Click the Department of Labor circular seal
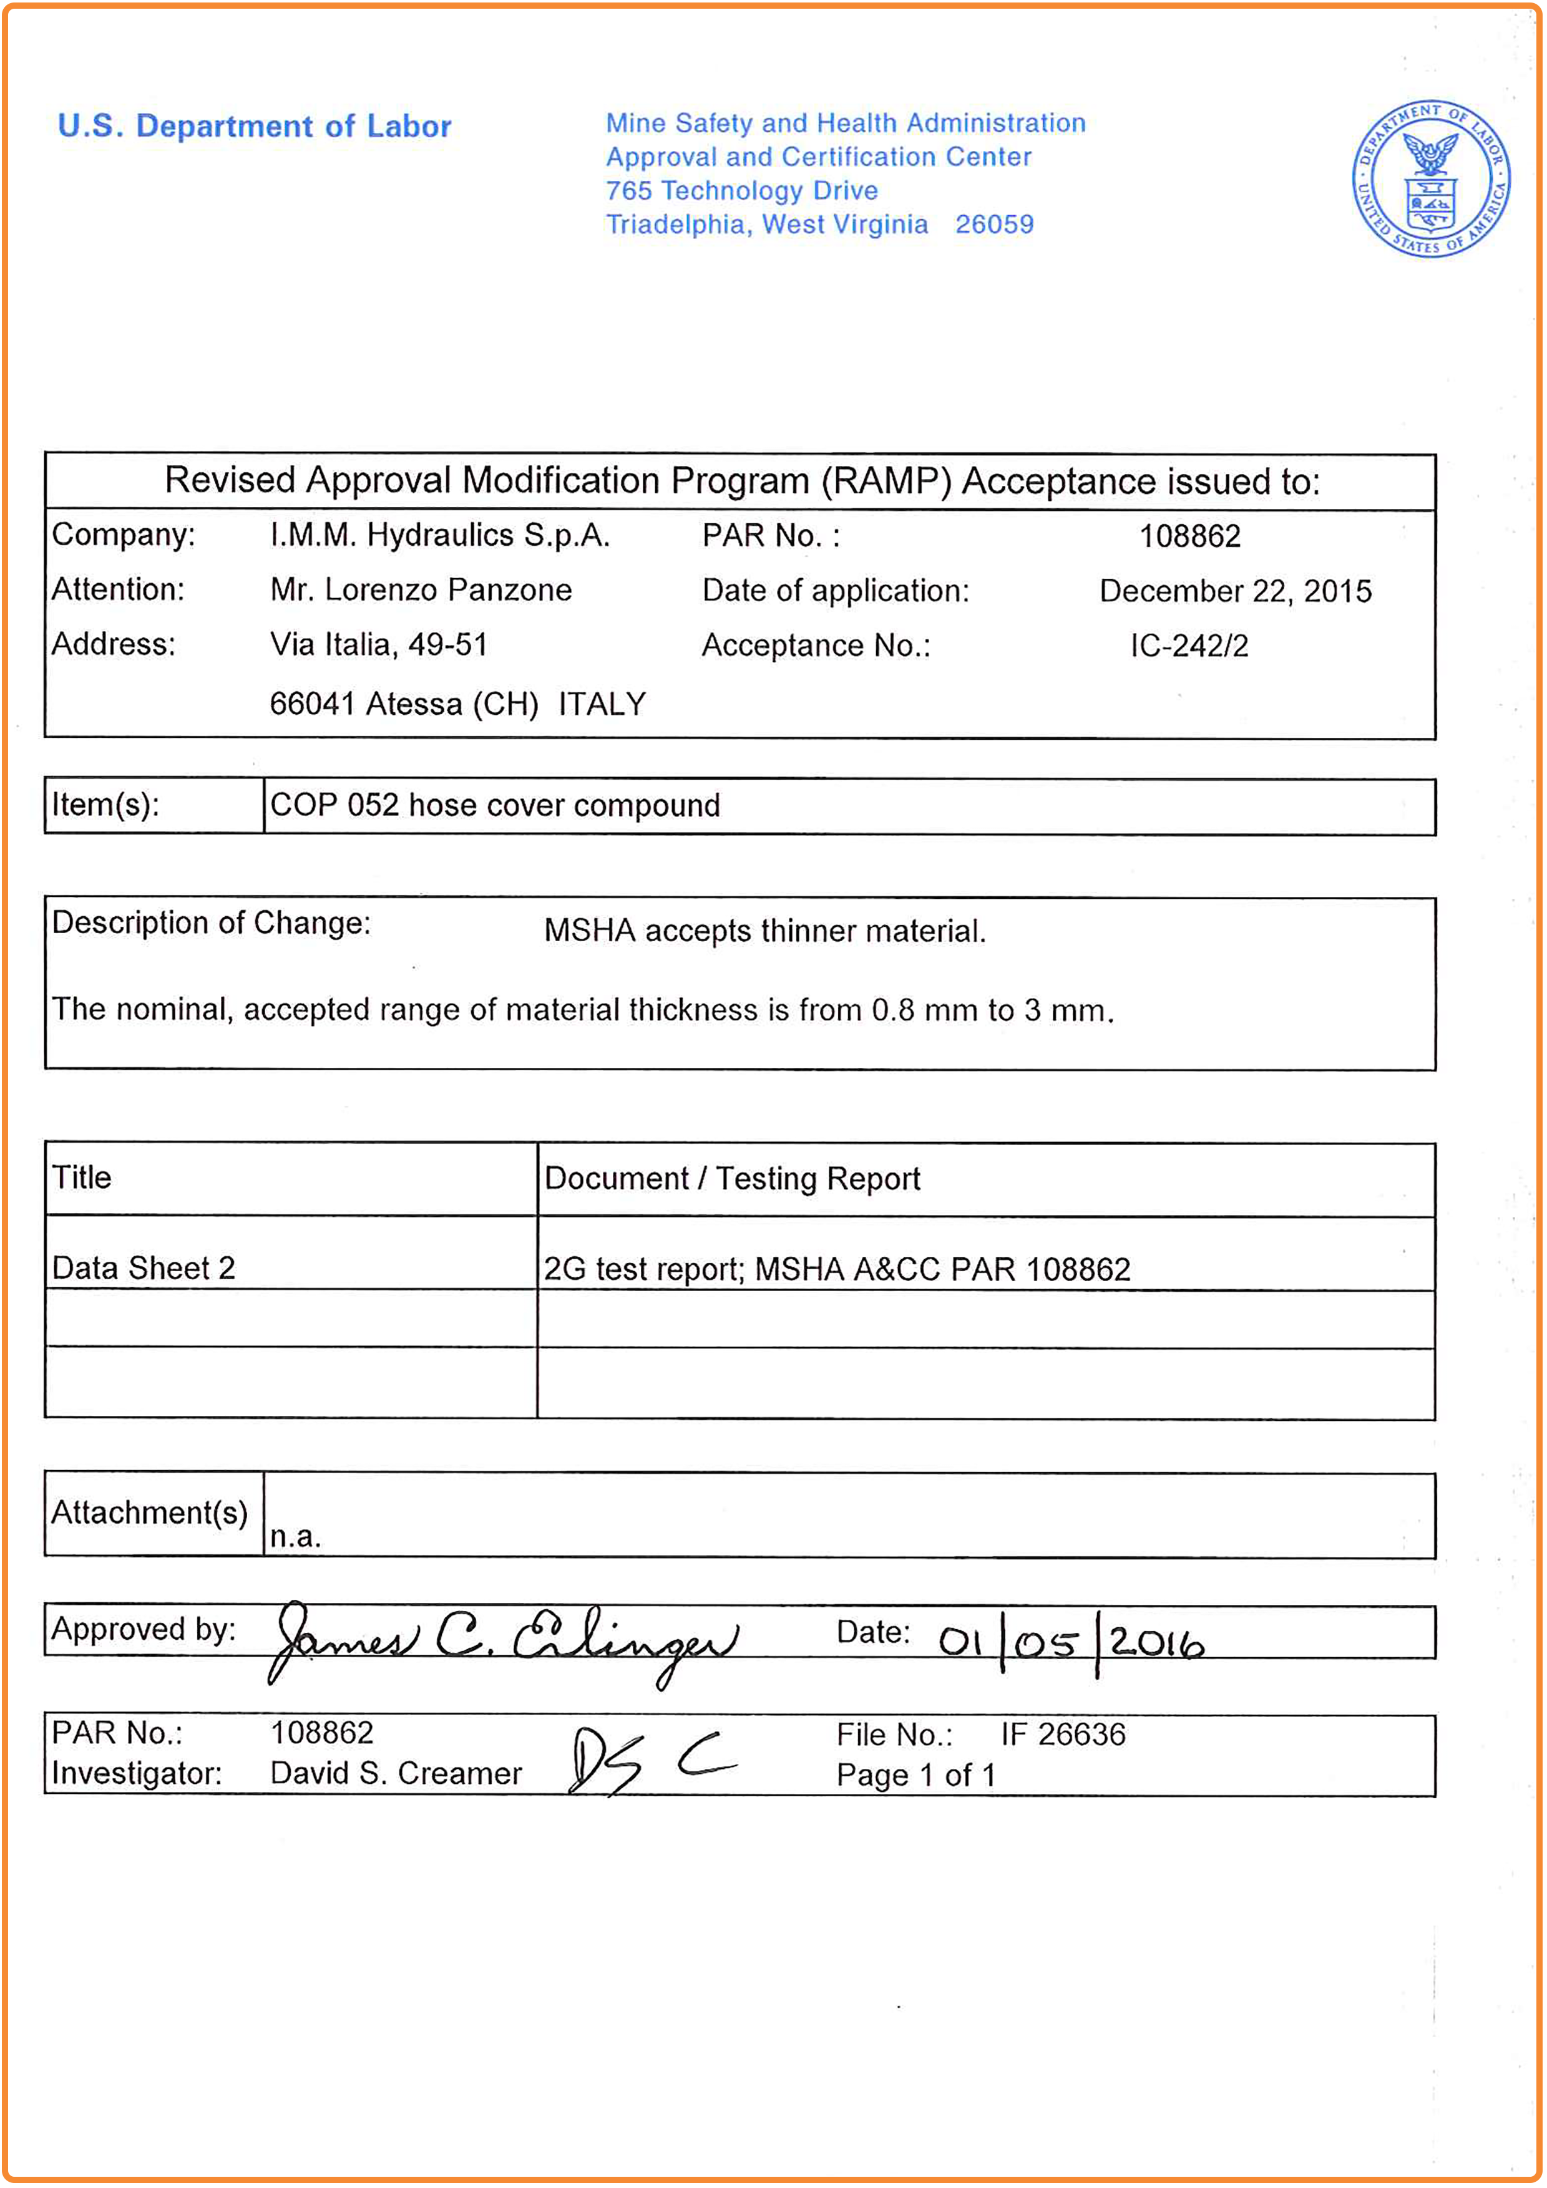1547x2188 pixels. (1432, 179)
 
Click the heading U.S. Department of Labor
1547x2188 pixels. (255, 126)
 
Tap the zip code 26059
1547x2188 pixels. (994, 225)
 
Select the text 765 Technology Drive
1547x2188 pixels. (741, 191)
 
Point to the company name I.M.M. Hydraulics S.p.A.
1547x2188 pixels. (439, 536)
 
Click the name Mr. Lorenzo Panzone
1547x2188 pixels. (421, 590)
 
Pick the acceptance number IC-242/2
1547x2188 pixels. (1189, 646)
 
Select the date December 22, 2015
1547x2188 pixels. (1236, 591)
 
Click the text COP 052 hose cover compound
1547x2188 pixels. (495, 805)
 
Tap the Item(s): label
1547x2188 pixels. (105, 805)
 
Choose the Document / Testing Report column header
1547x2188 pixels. (731, 1179)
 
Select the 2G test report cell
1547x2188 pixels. (836, 1269)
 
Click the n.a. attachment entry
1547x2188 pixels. (295, 1536)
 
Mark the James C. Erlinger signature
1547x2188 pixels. (503, 1641)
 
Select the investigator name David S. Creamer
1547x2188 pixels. (396, 1773)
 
